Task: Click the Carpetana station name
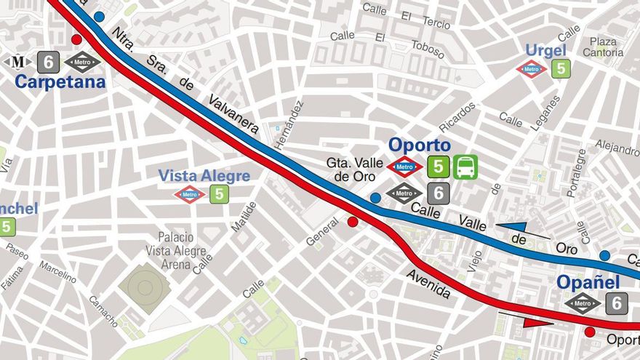click(60, 82)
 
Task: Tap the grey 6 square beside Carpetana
click(48, 62)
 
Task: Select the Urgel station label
click(545, 49)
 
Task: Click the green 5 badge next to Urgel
click(560, 69)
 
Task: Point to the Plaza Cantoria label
click(603, 47)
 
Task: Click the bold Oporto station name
click(419, 145)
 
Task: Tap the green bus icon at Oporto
click(465, 167)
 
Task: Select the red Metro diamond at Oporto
click(405, 167)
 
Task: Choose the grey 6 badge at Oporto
click(438, 193)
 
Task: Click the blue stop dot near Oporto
click(375, 197)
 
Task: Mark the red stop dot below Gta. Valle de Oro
click(353, 222)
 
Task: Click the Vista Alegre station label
click(204, 176)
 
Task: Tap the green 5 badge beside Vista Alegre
click(219, 194)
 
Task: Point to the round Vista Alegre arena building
click(145, 288)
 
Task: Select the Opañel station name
click(588, 282)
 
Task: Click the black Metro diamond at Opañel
click(583, 303)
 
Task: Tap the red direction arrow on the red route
click(537, 321)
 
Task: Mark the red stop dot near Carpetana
click(76, 39)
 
